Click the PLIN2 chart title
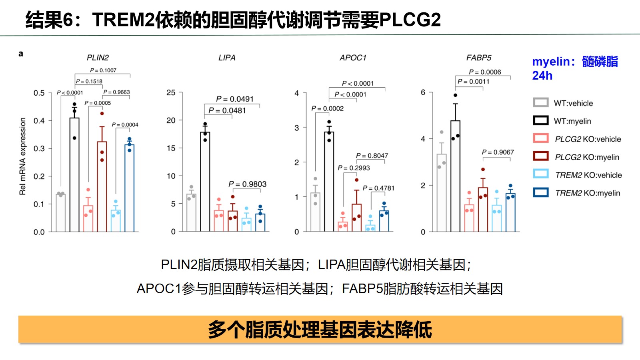(x=98, y=58)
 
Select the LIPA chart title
(x=227, y=58)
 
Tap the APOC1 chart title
(x=353, y=58)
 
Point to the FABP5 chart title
(x=478, y=58)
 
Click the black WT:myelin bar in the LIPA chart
(x=205, y=182)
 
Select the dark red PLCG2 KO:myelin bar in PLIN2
(x=102, y=186)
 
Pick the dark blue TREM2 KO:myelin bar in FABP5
(x=510, y=212)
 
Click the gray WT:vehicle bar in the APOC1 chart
(x=315, y=212)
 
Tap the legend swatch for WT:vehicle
(x=540, y=102)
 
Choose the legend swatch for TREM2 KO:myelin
(x=540, y=192)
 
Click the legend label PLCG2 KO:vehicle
(x=588, y=139)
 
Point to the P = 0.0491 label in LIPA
(x=235, y=99)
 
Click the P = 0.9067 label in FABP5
(x=498, y=152)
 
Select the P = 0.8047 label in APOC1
(x=372, y=156)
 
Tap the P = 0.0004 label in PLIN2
(x=125, y=125)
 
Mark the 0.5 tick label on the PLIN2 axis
(x=39, y=93)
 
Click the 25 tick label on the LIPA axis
(x=171, y=93)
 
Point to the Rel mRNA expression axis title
(x=22, y=156)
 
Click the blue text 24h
(x=542, y=76)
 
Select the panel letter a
(x=21, y=54)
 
